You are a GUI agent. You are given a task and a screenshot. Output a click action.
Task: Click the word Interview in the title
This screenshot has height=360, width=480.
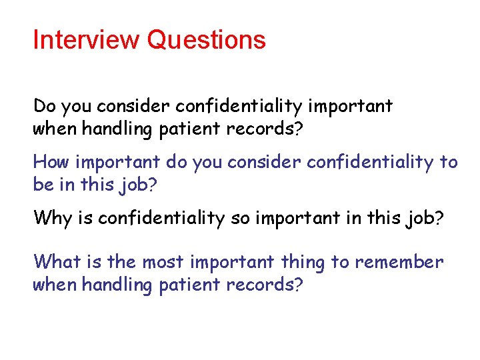coord(87,40)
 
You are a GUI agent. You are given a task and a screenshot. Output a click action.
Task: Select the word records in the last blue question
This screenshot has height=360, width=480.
coord(259,285)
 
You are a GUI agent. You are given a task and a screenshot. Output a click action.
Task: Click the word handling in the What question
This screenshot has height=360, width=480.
coord(118,285)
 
